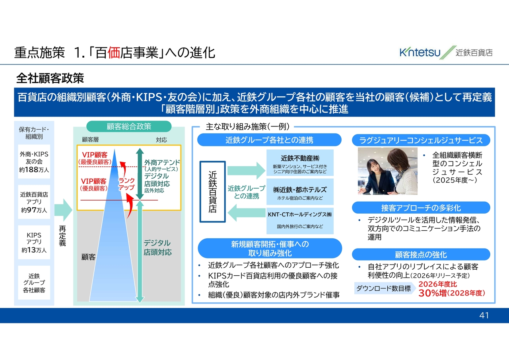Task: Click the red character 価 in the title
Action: (x=113, y=53)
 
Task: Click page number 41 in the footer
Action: (x=484, y=315)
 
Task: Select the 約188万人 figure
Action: (x=34, y=170)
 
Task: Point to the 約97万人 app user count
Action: (x=34, y=210)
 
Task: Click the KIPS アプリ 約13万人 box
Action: (x=34, y=242)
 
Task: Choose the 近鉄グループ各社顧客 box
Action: (x=34, y=283)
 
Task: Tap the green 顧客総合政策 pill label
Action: (x=129, y=126)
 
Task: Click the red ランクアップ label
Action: (x=126, y=184)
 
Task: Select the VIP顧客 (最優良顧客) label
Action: (x=95, y=158)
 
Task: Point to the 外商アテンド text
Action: (x=162, y=163)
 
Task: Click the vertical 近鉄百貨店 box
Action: (x=213, y=192)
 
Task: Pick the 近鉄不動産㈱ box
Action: (x=300, y=163)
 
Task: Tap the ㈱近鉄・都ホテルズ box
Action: (x=300, y=192)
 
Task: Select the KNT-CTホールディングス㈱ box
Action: (x=300, y=221)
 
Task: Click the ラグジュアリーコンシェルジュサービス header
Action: (x=421, y=140)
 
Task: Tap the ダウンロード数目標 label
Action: (x=384, y=288)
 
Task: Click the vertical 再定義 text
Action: (x=62, y=236)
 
